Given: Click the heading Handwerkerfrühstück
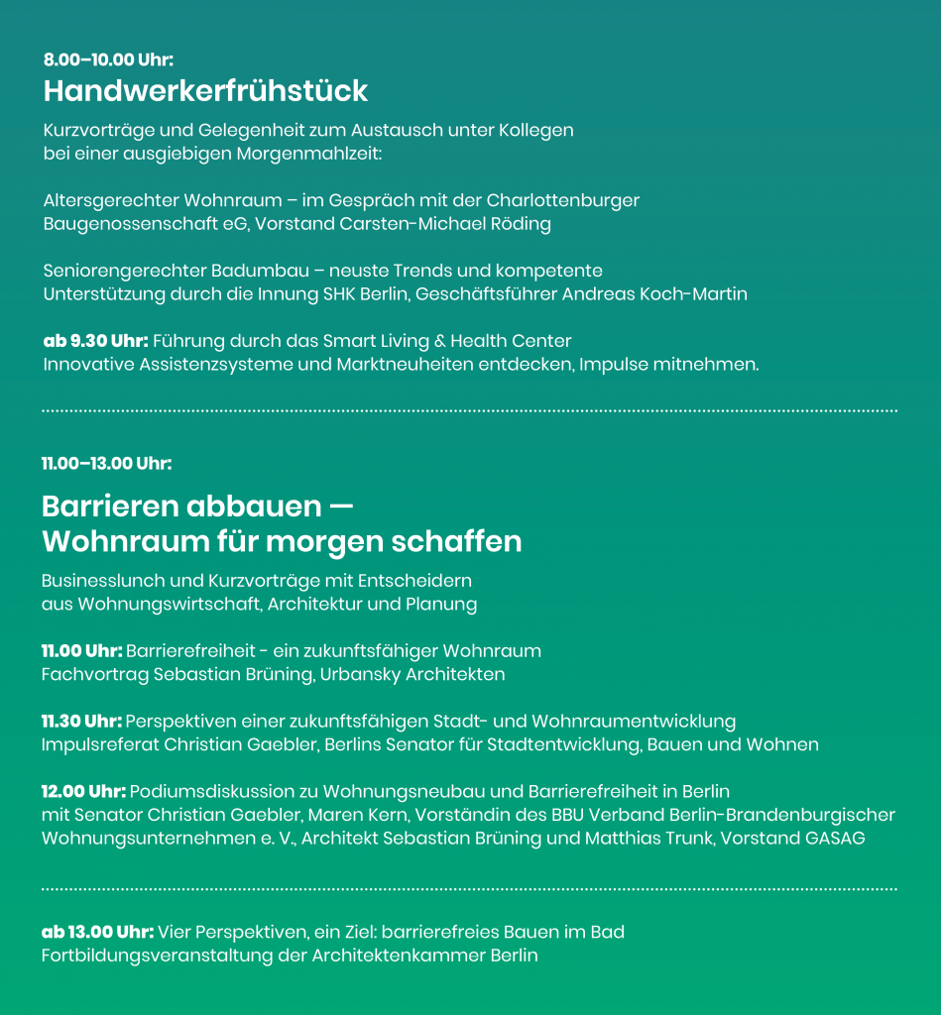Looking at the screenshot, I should pos(205,91).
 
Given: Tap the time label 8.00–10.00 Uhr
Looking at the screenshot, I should pos(108,60).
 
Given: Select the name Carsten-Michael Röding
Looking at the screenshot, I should pos(452,224).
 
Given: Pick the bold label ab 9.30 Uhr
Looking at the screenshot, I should pos(95,341).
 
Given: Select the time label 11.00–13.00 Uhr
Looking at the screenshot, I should pos(106,463).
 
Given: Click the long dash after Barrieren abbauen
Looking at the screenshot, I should pos(341,507).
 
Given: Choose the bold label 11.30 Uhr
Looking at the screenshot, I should pos(81,721).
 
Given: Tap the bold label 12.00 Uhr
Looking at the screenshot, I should pos(83,791).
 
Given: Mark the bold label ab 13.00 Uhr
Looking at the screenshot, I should pos(97,932).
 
